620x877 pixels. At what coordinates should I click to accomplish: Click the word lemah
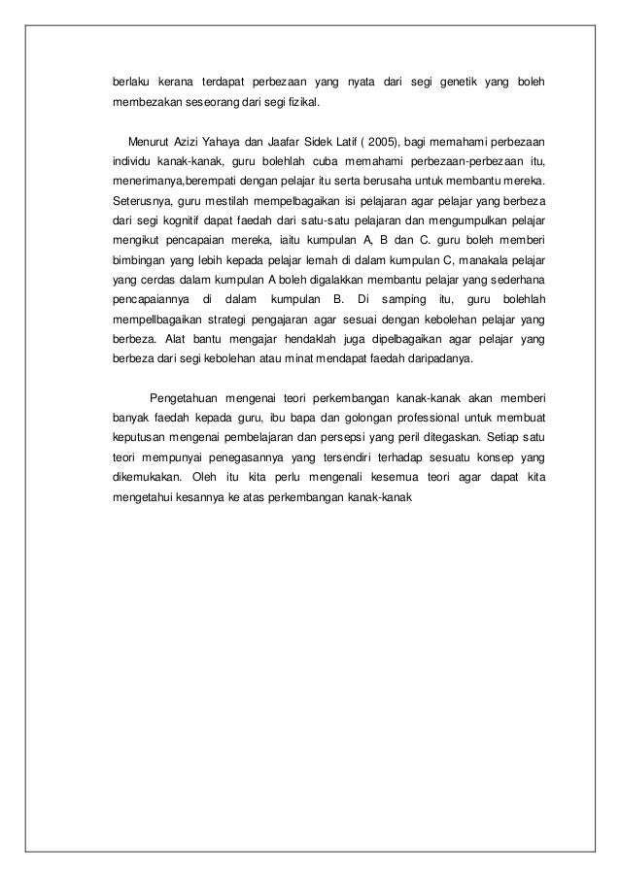[306, 261]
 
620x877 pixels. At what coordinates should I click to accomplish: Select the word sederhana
[514, 281]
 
